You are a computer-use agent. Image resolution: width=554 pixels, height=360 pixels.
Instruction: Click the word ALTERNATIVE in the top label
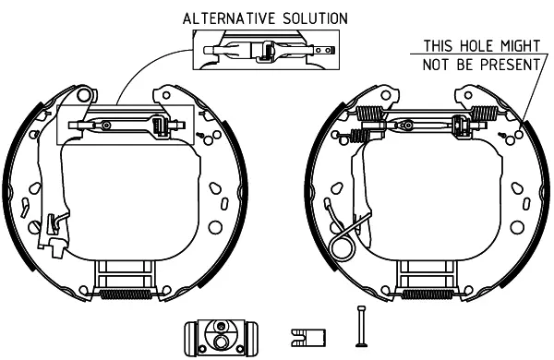point(229,18)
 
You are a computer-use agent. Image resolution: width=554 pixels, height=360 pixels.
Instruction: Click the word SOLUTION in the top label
point(315,18)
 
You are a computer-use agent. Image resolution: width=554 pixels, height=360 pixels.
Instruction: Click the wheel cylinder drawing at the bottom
point(221,338)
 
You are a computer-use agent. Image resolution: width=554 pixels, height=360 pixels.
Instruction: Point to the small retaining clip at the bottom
point(308,338)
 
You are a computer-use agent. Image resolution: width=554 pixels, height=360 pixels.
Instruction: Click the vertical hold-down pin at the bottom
point(361,326)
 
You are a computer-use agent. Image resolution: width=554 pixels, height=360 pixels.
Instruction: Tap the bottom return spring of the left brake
point(126,294)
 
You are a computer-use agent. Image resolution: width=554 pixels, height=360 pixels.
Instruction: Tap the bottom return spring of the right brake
point(428,294)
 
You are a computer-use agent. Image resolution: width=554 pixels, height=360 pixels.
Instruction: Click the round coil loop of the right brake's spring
point(342,247)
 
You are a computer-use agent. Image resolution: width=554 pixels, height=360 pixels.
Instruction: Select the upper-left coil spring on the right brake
point(369,113)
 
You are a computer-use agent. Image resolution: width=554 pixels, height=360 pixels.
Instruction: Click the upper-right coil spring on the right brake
point(485,113)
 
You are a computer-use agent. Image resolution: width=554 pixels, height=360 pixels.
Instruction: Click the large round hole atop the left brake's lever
point(84,95)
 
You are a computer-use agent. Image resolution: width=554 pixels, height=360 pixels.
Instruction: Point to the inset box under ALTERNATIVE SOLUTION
point(266,50)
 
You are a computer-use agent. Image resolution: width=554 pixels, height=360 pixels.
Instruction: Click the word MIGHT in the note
point(520,46)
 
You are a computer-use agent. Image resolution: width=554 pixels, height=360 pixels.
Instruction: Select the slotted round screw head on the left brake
point(35,227)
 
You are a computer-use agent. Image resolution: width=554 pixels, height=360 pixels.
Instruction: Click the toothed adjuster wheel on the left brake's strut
point(159,126)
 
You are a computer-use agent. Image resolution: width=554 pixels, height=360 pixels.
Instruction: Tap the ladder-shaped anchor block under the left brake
point(125,276)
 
